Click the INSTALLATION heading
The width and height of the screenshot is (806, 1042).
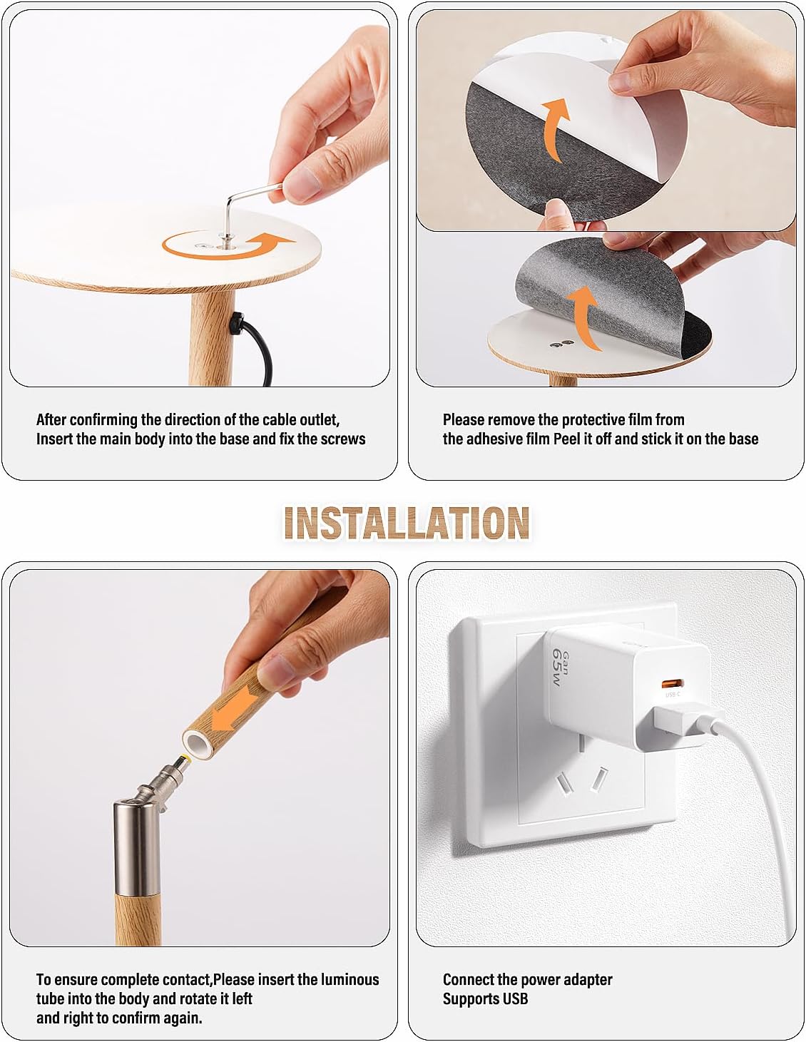(x=406, y=523)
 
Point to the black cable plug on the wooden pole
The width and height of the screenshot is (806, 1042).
(x=236, y=325)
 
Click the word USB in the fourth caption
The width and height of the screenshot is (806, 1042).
(x=514, y=998)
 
